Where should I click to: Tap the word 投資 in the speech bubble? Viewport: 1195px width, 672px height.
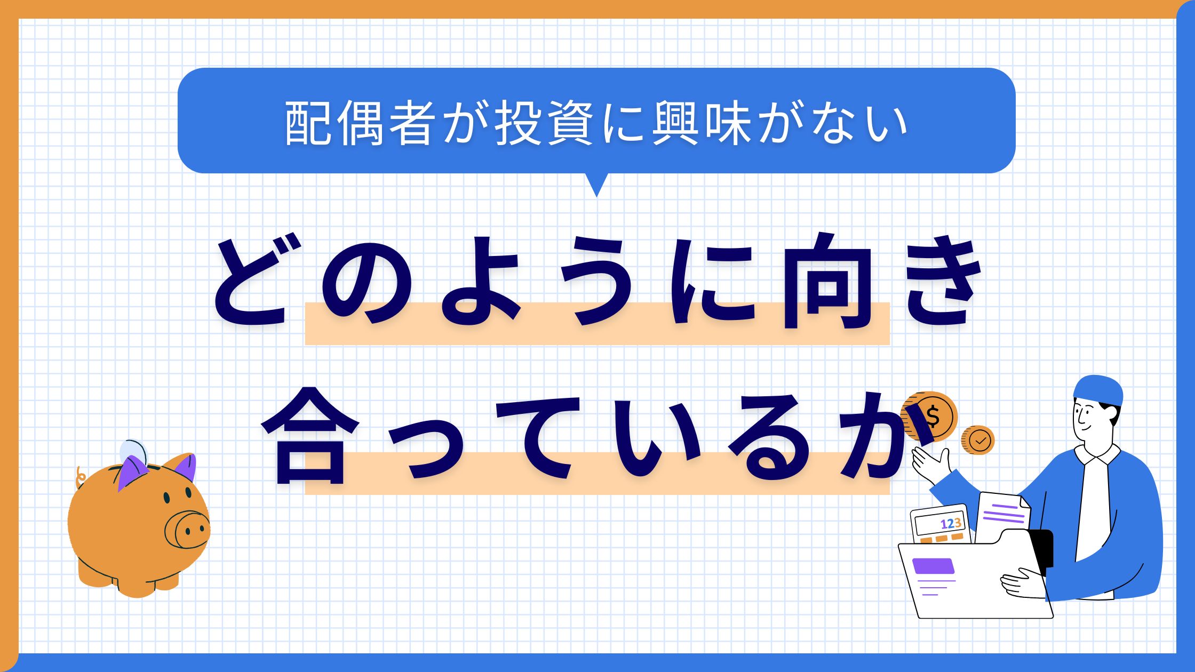pyautogui.click(x=544, y=124)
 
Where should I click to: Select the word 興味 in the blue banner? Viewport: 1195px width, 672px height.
pyautogui.click(x=702, y=124)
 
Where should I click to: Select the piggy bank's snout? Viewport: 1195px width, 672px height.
pyautogui.click(x=187, y=529)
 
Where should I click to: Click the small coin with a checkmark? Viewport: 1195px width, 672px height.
pyautogui.click(x=978, y=440)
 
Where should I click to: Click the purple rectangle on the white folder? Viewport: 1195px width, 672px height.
pyautogui.click(x=933, y=565)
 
